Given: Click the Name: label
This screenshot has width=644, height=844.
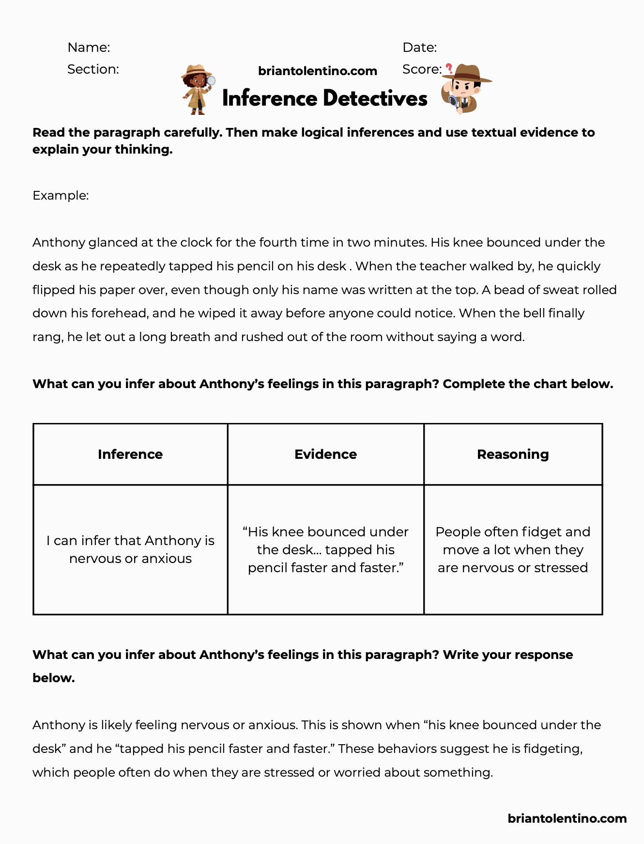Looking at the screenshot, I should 89,47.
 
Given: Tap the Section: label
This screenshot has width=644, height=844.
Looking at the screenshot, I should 93,69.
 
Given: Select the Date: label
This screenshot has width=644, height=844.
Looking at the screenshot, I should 419,47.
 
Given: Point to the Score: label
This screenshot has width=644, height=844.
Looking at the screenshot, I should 421,69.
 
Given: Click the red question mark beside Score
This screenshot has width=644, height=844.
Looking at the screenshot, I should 449,69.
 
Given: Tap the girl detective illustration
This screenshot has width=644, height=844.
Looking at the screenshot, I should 198,90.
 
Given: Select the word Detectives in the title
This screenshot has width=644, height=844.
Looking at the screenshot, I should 375,98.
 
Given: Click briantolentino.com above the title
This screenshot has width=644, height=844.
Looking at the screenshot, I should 317,71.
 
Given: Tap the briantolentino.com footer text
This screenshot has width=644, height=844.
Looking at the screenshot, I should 567,818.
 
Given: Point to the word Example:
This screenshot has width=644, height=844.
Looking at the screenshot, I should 61,195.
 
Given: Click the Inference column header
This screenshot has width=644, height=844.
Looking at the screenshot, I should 130,454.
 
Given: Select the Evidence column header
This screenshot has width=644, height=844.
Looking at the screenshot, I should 325,454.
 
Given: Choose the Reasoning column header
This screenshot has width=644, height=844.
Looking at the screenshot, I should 513,454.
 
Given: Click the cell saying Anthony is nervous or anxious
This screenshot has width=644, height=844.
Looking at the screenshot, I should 130,549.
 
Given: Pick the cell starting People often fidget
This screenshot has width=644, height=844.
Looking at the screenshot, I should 513,549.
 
